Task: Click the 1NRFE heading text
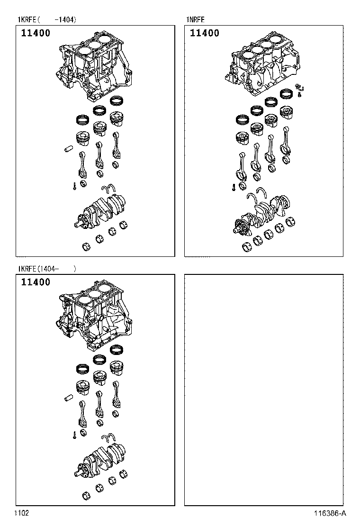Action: pos(196,19)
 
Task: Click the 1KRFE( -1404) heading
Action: pos(47,19)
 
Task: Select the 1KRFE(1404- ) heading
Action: pos(47,269)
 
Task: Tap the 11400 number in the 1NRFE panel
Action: pos(205,33)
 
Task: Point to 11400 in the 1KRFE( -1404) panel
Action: pos(36,33)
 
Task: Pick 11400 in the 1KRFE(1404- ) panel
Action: pos(36,282)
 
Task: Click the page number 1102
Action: pos(21,513)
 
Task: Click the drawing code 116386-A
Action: pos(330,513)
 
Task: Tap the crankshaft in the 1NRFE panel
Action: pos(262,215)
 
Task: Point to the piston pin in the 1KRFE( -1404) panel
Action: pos(69,148)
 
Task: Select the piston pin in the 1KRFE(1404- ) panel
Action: pos(69,397)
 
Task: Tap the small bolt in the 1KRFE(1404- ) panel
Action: pos(74,435)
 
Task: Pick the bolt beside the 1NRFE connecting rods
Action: pos(233,187)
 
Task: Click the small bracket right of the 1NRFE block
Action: pos(299,88)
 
